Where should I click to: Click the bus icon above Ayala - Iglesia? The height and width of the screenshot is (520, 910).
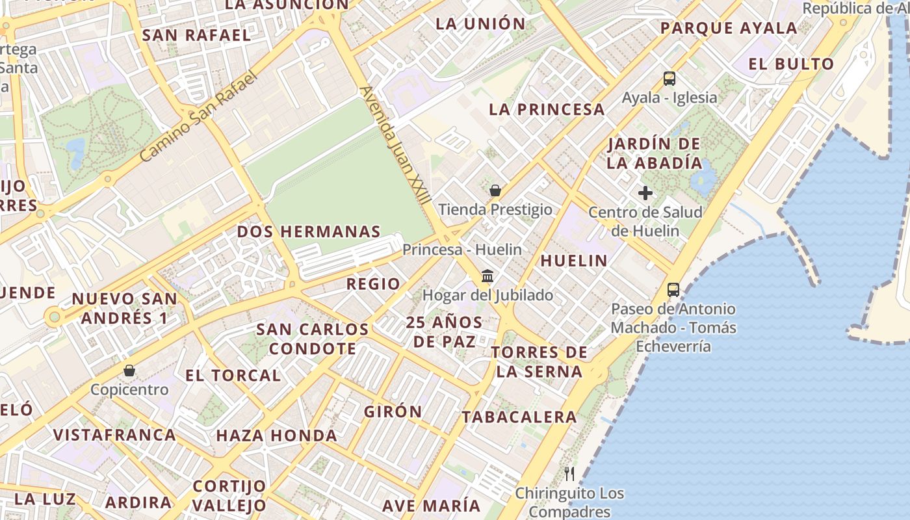click(669, 79)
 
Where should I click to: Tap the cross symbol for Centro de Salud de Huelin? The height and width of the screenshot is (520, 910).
click(645, 193)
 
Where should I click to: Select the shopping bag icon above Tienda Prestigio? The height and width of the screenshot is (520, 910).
click(495, 190)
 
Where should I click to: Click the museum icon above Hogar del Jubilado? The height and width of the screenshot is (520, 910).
click(487, 276)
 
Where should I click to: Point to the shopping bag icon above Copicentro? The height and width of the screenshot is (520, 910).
click(129, 370)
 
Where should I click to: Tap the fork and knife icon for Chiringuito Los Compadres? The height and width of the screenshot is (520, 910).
click(569, 473)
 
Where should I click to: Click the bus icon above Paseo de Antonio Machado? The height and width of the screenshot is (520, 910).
click(673, 290)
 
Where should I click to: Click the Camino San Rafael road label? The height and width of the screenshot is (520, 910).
click(199, 116)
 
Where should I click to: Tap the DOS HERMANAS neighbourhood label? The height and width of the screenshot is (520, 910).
click(309, 231)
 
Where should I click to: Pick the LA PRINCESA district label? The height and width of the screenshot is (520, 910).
click(547, 109)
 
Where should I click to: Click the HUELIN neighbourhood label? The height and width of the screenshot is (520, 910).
click(574, 261)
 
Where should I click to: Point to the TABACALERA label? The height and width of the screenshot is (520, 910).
click(519, 417)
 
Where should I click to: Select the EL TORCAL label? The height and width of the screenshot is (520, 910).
click(233, 376)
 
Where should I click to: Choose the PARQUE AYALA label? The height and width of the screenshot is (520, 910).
click(729, 28)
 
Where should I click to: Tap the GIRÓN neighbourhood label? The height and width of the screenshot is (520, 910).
click(393, 411)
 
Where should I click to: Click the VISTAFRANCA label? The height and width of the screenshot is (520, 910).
click(114, 435)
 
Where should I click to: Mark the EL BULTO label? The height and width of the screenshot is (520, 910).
click(791, 64)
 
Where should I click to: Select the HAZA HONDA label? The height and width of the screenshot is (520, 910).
click(277, 435)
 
